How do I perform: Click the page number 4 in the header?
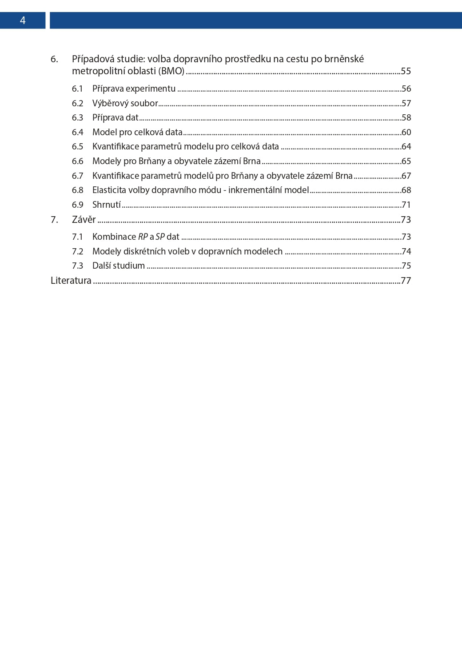(23, 20)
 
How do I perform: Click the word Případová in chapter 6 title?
(93, 59)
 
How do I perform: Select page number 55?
(406, 71)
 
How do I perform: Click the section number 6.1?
(77, 89)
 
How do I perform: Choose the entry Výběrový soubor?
(125, 103)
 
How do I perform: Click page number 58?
(406, 118)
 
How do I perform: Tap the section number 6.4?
(77, 132)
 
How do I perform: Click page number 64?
(406, 146)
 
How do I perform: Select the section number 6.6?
(77, 161)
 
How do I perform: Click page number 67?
(406, 176)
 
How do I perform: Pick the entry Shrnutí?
(107, 205)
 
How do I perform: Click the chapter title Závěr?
(84, 219)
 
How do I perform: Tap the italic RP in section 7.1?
(143, 237)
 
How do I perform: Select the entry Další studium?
(119, 266)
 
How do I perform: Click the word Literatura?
(71, 280)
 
